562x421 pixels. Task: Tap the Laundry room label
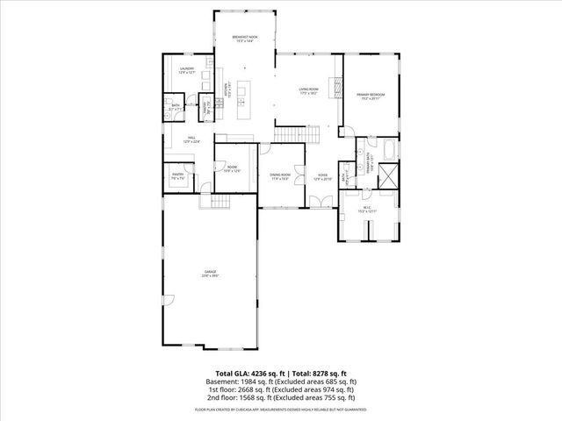pos(186,70)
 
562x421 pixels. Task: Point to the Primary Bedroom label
pos(369,96)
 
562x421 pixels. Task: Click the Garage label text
pos(208,274)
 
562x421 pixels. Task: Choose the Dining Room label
pos(280,177)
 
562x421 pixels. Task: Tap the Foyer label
pos(323,177)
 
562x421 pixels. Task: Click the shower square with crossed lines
pos(386,173)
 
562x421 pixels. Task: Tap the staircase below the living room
pos(298,134)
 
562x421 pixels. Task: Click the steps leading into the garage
pos(207,203)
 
